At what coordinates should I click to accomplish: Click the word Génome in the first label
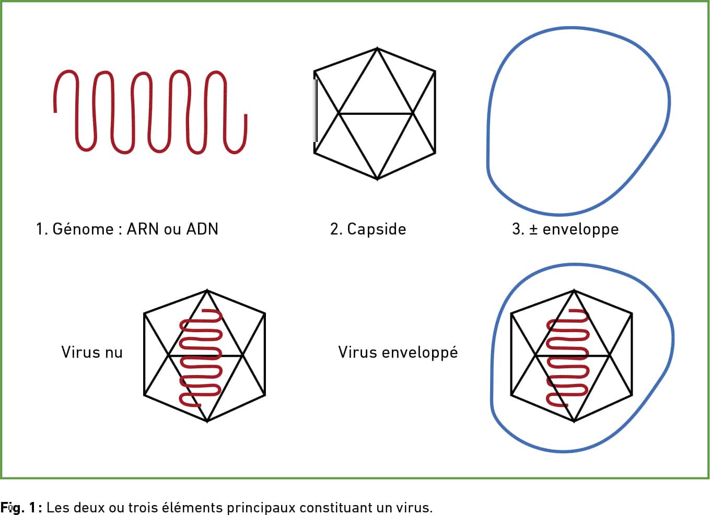tap(83, 229)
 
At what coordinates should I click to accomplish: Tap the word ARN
tap(143, 229)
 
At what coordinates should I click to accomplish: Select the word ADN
tap(202, 229)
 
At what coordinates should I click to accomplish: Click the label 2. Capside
tap(368, 229)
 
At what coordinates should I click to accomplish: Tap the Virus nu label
tap(92, 353)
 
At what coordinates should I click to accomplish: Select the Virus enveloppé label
tap(398, 353)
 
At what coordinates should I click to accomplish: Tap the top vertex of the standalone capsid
tap(377, 48)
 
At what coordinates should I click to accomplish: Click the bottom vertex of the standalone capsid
tap(377, 179)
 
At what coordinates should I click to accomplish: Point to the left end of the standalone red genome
tap(55, 112)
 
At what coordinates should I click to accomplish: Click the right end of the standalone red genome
tap(246, 115)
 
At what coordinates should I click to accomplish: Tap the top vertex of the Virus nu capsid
tap(207, 290)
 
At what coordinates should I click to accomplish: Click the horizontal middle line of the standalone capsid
tap(376, 113)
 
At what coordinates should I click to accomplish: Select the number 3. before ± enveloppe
tap(518, 229)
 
